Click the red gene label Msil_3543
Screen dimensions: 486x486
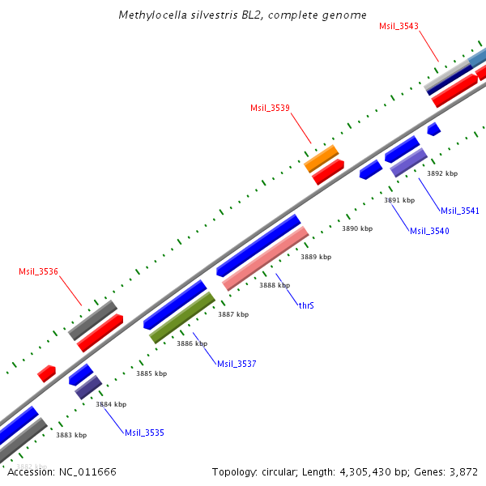coord(399,27)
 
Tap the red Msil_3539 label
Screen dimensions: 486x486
coord(270,108)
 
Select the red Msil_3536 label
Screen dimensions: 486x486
coord(38,271)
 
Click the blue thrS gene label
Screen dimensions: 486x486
coord(306,305)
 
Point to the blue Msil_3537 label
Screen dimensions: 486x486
coord(237,364)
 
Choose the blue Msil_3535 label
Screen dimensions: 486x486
coord(144,433)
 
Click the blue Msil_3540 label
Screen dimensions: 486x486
coord(429,231)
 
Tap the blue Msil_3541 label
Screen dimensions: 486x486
coord(460,211)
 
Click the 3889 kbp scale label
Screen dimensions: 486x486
coord(316,257)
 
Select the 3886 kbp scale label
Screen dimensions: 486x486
coord(192,343)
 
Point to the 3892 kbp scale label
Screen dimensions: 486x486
coord(442,173)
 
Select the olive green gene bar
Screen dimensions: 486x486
coord(182,317)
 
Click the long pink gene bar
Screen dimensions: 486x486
coord(266,258)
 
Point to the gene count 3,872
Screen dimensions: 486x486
coord(463,471)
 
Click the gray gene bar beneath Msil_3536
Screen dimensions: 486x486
coord(92,319)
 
